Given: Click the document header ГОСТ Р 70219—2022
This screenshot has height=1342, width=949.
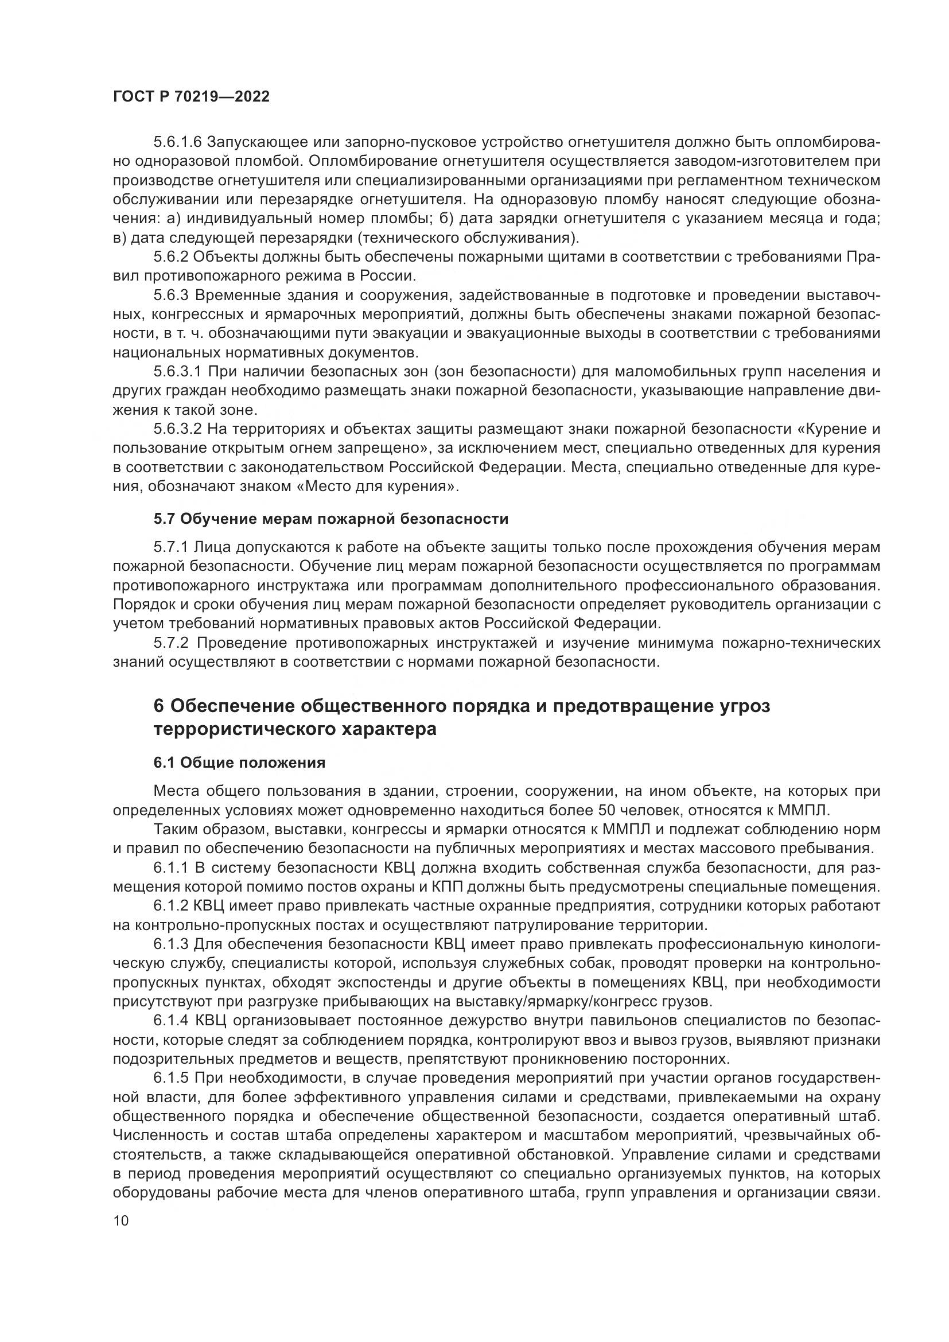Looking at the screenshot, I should coord(191,97).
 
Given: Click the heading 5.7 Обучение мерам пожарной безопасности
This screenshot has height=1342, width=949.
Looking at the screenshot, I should coord(330,519).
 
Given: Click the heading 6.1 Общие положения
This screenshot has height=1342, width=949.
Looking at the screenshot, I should coord(239,763).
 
